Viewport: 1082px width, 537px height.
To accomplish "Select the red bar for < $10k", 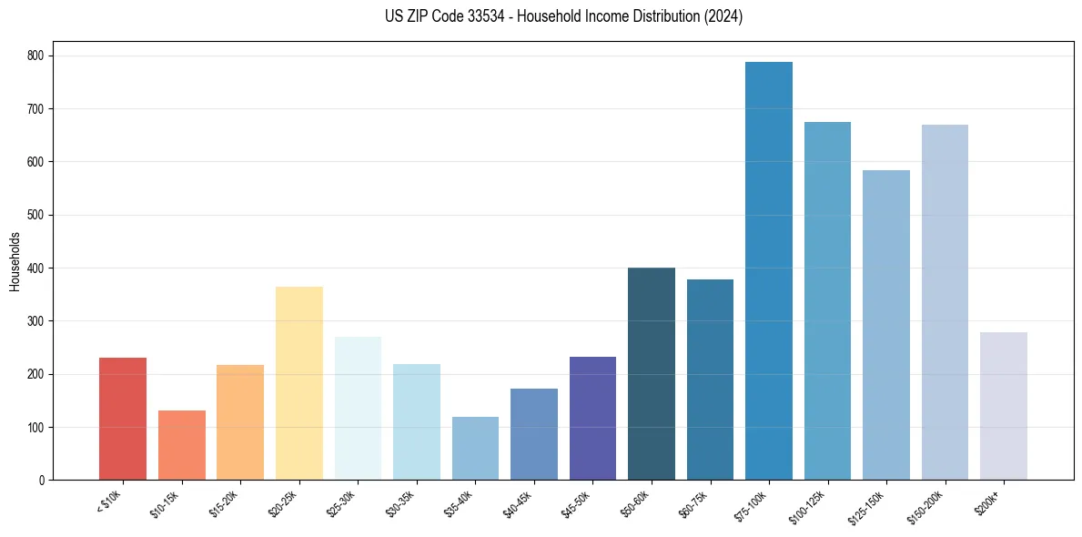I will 123,419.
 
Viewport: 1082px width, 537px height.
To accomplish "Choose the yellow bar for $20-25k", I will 298,383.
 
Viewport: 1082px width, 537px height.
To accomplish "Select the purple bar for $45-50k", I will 592,419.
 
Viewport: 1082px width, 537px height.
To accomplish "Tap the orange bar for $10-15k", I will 181,445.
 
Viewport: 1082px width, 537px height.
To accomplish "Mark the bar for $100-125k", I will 827,301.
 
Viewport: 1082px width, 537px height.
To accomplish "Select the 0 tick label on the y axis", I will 43,481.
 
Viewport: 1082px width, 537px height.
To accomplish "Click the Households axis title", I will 15,261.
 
